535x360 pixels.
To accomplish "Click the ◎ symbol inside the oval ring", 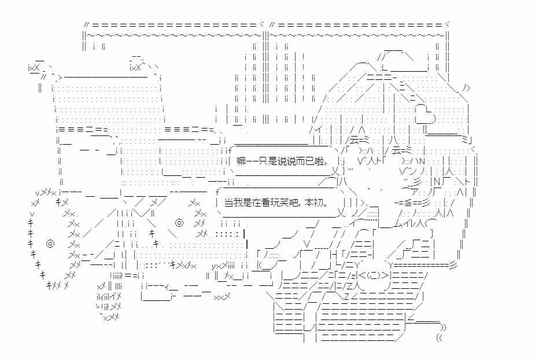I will (179, 222).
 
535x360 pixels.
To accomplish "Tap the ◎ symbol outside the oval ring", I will (50, 243).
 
